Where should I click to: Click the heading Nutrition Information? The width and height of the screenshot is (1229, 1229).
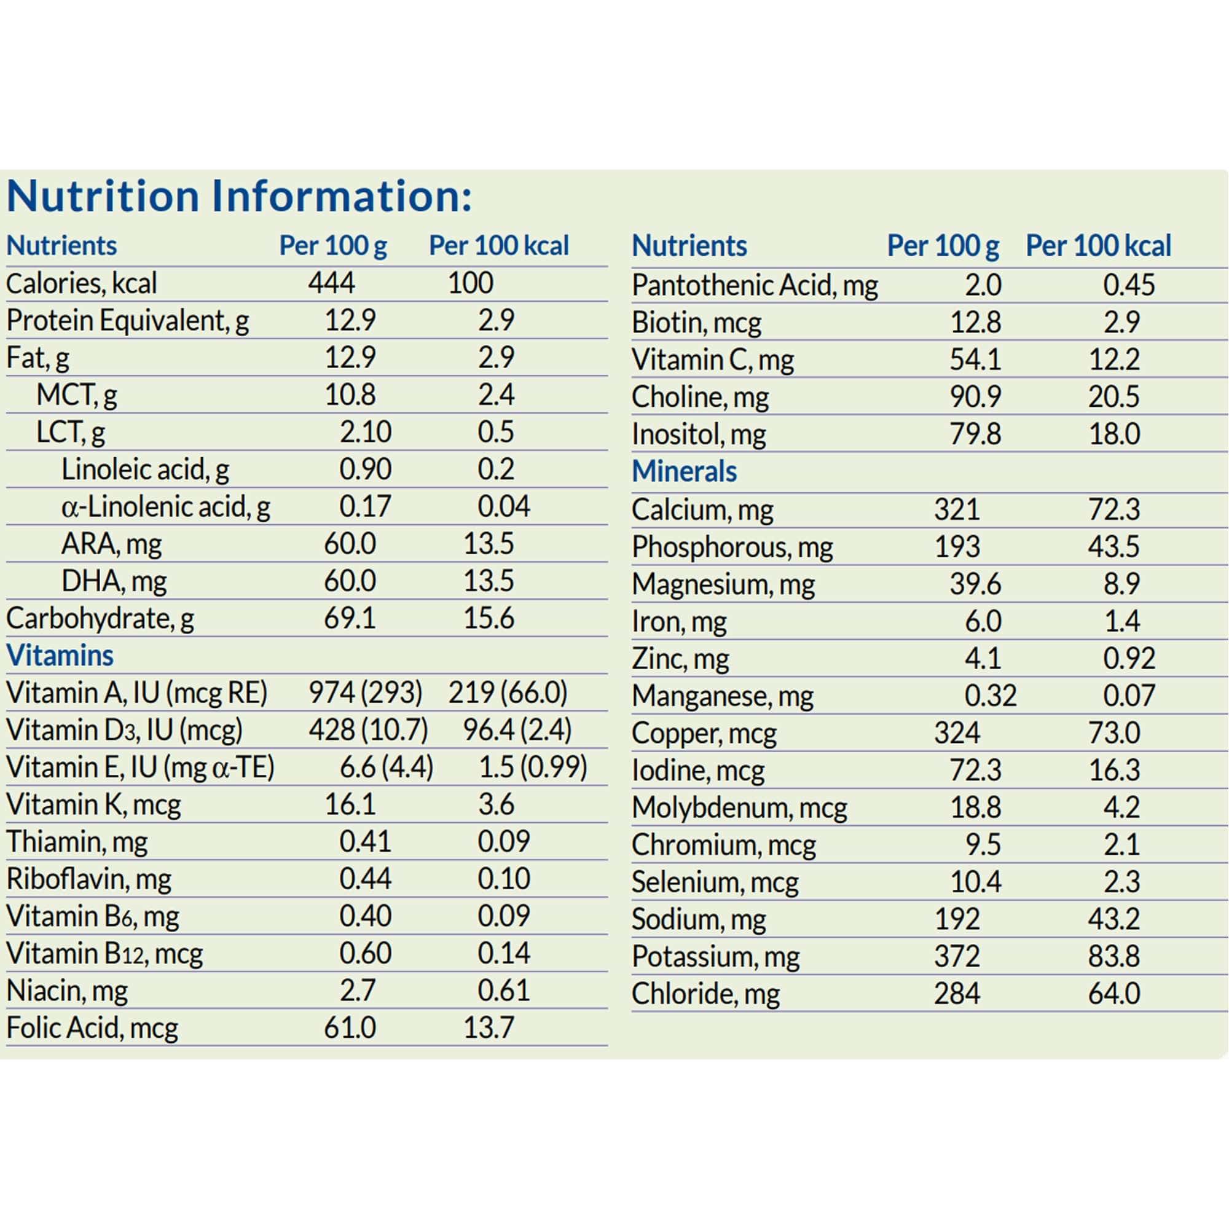pyautogui.click(x=238, y=196)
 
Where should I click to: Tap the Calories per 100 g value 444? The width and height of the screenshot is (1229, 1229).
pyautogui.click(x=331, y=283)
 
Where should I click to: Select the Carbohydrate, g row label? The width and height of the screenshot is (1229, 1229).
pyautogui.click(x=100, y=618)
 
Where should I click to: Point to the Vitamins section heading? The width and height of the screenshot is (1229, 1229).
pyautogui.click(x=60, y=656)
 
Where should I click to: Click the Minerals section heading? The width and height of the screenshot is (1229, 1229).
pyautogui.click(x=684, y=471)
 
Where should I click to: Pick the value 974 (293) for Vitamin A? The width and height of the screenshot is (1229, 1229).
pyautogui.click(x=365, y=693)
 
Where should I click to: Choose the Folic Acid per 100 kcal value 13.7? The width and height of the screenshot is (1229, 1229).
pyautogui.click(x=488, y=1027)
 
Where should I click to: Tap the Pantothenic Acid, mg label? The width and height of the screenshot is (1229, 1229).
pyautogui.click(x=755, y=286)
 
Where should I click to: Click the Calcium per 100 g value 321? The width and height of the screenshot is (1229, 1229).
pyautogui.click(x=957, y=509)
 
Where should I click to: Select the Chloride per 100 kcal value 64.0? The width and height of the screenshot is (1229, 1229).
pyautogui.click(x=1114, y=994)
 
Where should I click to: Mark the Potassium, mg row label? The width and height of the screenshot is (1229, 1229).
pyautogui.click(x=715, y=957)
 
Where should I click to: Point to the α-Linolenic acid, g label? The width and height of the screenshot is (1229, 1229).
pyautogui.click(x=165, y=507)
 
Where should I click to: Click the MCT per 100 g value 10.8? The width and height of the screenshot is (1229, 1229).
pyautogui.click(x=350, y=395)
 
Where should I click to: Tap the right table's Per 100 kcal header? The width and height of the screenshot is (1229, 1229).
pyautogui.click(x=1098, y=246)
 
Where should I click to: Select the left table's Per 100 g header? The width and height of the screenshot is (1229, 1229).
pyautogui.click(x=332, y=246)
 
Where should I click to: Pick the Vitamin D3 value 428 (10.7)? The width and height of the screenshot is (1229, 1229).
pyautogui.click(x=368, y=730)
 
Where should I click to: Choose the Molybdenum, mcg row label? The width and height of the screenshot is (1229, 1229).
pyautogui.click(x=739, y=808)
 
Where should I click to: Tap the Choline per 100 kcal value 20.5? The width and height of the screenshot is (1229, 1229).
pyautogui.click(x=1114, y=397)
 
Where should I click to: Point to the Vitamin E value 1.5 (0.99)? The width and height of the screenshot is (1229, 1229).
pyautogui.click(x=532, y=767)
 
